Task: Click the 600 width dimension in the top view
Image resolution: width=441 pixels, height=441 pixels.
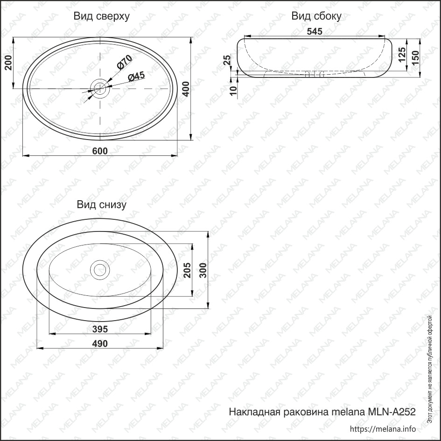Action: pyautogui.click(x=100, y=151)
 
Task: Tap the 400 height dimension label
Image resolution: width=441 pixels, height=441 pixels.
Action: pyautogui.click(x=186, y=89)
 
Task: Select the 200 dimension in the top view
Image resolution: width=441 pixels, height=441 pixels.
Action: pyautogui.click(x=9, y=63)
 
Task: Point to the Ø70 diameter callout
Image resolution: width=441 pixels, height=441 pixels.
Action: pyautogui.click(x=124, y=62)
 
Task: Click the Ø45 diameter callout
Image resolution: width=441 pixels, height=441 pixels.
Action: pyautogui.click(x=136, y=76)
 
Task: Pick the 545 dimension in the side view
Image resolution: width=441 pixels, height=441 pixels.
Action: pyautogui.click(x=315, y=31)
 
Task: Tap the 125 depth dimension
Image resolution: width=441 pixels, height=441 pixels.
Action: pyautogui.click(x=402, y=54)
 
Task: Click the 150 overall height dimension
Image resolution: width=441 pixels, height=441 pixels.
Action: pyautogui.click(x=415, y=58)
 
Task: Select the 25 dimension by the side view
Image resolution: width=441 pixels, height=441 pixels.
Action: pyautogui.click(x=227, y=60)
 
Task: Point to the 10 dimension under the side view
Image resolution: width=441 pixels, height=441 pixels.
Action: pyautogui.click(x=233, y=91)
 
